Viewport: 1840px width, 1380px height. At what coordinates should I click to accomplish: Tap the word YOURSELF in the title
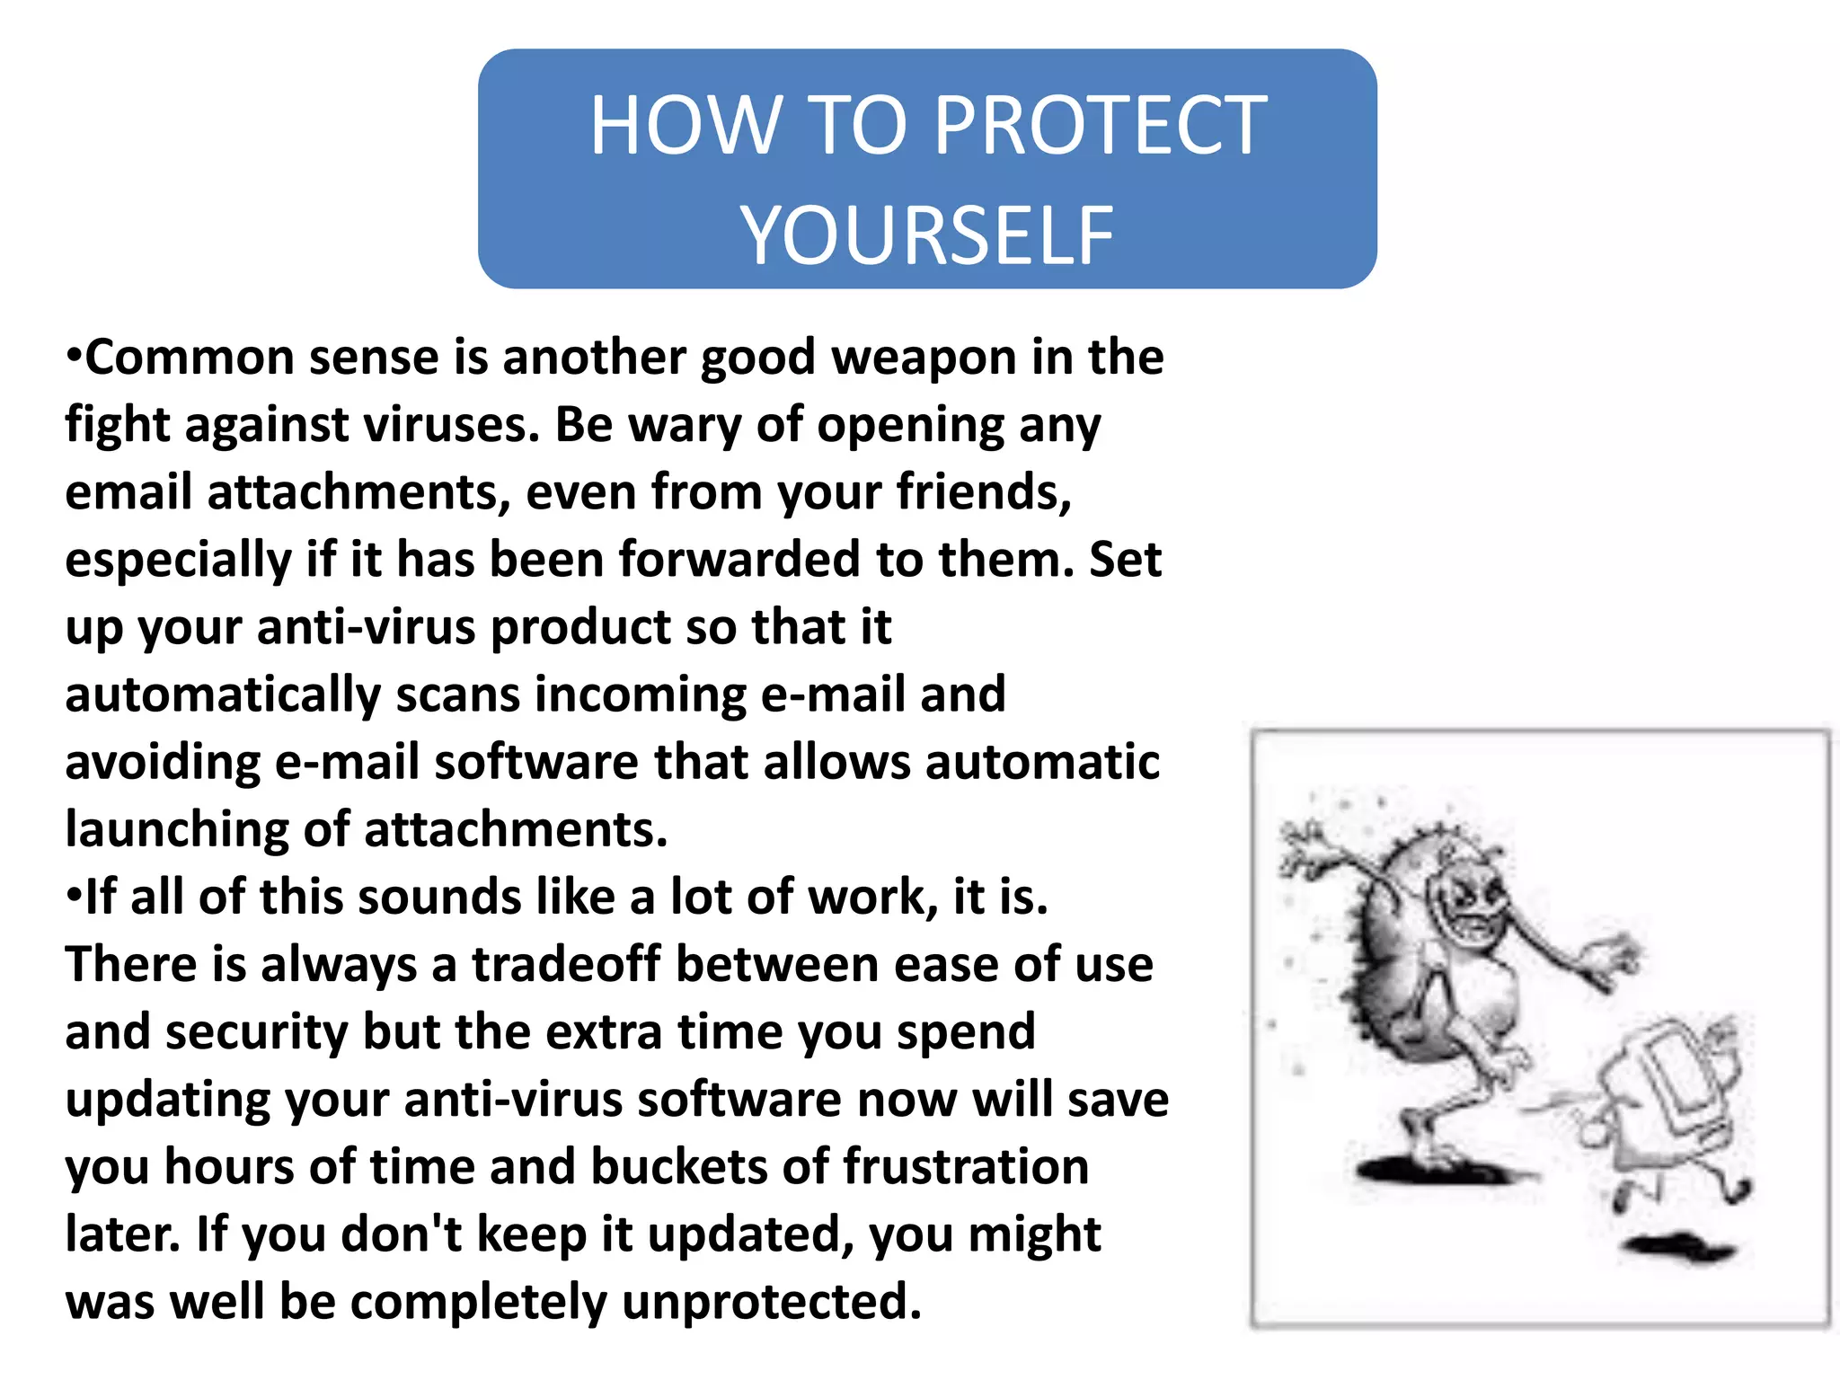point(926,235)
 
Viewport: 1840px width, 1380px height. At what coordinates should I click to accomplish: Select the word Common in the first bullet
point(190,358)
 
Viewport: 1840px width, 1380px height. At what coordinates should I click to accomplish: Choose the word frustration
point(966,1167)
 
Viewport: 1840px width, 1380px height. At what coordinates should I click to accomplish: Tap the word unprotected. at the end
point(771,1302)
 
